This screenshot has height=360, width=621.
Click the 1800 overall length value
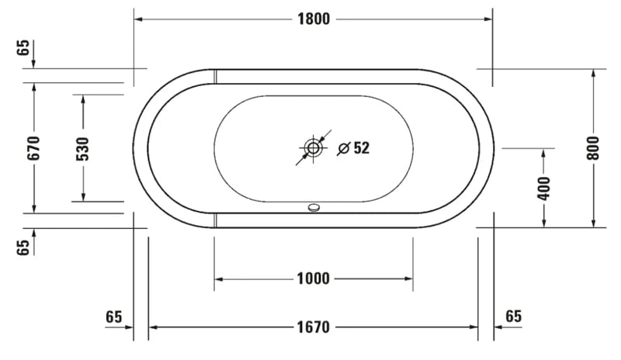tap(313, 19)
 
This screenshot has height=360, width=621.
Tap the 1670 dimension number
tap(313, 327)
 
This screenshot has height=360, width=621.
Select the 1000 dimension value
tap(313, 279)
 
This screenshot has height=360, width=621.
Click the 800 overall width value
tap(594, 147)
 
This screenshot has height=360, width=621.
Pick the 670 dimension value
tap(33, 147)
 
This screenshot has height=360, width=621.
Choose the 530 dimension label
tap(83, 147)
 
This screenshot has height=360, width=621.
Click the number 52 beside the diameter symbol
tap(361, 147)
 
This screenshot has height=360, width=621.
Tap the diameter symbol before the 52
tap(343, 147)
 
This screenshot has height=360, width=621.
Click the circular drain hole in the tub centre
tap(313, 147)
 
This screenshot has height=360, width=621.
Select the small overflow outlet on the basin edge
tap(313, 207)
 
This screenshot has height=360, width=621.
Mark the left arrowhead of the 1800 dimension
tap(139, 19)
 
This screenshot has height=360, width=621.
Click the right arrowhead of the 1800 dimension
tap(488, 19)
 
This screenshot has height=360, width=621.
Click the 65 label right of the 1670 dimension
tap(513, 316)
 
